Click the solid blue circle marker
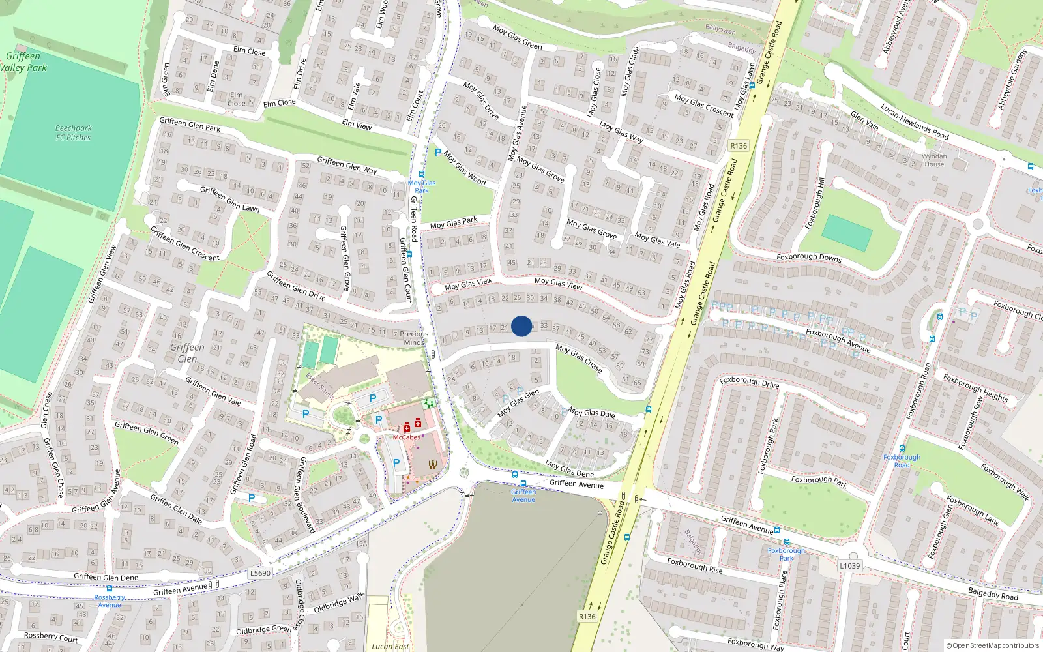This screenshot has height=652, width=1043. click(x=521, y=326)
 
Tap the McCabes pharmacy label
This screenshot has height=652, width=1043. click(x=406, y=437)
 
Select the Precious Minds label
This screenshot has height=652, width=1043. click(x=414, y=338)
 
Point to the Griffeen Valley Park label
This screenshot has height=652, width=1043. click(x=23, y=62)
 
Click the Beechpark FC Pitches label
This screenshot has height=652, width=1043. click(x=73, y=133)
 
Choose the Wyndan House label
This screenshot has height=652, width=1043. click(x=934, y=160)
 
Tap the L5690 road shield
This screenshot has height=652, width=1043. click(x=260, y=573)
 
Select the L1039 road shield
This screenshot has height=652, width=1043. click(x=849, y=566)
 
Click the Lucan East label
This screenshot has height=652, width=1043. click(x=390, y=647)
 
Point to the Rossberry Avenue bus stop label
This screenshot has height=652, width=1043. click(x=110, y=600)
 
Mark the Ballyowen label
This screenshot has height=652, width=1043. click(x=720, y=30)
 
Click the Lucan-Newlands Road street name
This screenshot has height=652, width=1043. click(x=915, y=122)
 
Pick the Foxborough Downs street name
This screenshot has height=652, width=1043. click(x=809, y=257)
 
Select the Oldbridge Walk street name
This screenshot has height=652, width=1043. click(x=339, y=603)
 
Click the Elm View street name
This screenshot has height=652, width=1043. click(x=357, y=125)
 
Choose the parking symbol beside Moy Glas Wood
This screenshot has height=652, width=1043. click(x=438, y=153)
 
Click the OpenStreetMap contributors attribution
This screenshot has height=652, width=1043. click(x=993, y=646)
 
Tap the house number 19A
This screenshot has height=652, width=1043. click(x=361, y=543)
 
